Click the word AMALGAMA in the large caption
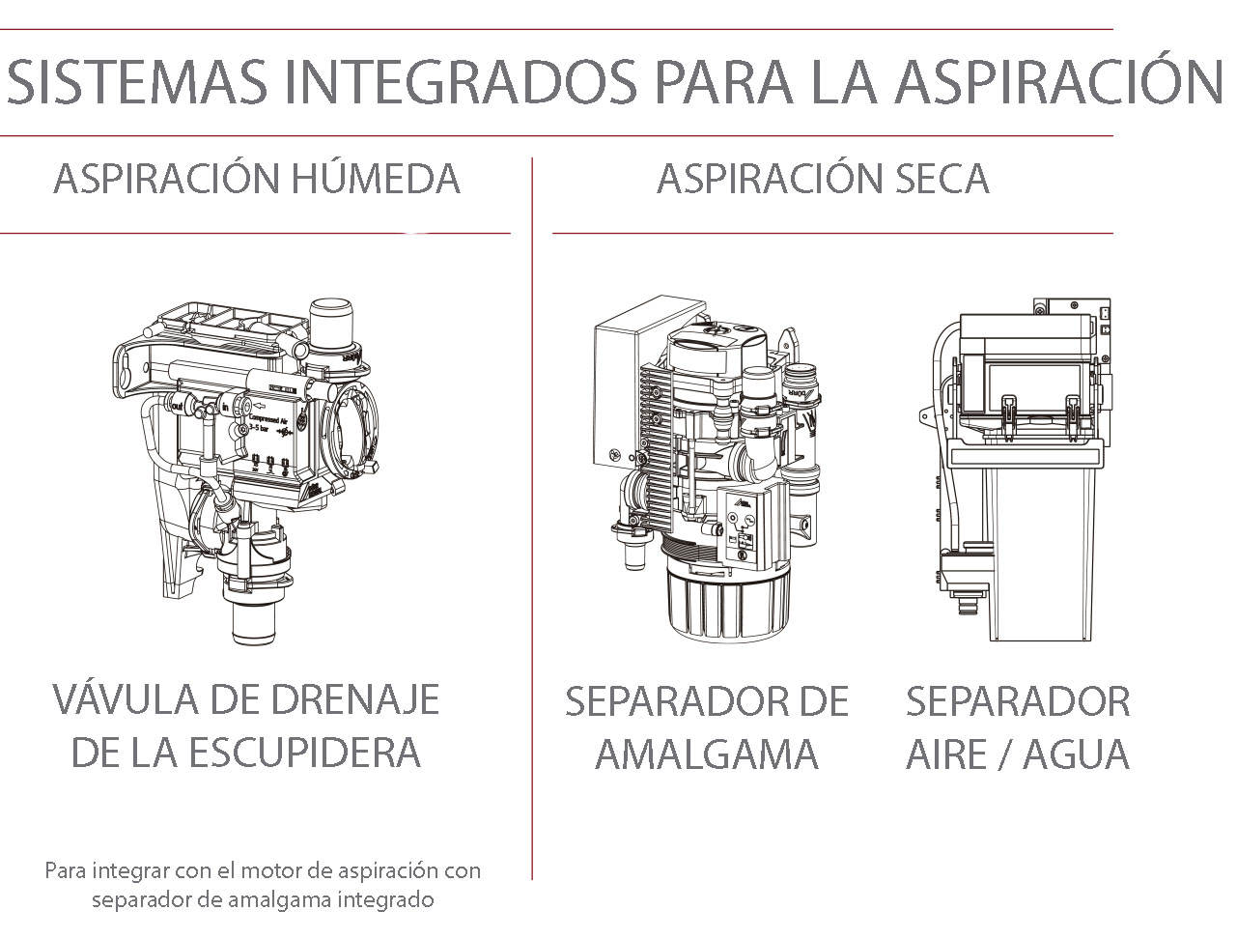point(707,754)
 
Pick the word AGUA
point(1077,754)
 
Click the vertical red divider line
point(532,522)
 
